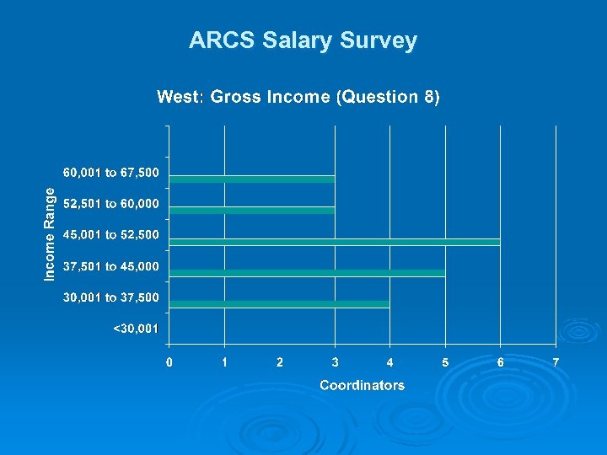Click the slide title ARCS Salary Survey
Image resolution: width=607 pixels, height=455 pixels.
click(x=303, y=40)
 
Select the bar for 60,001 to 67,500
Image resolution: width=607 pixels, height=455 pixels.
click(x=252, y=179)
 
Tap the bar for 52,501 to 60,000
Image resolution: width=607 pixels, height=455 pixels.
click(x=252, y=210)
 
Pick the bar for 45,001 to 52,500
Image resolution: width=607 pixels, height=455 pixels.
click(x=335, y=242)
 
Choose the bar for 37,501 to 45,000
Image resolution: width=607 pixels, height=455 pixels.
click(x=307, y=273)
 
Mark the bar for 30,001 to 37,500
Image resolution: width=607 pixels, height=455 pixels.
click(x=279, y=304)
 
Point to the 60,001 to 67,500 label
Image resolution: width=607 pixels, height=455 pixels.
click(x=110, y=173)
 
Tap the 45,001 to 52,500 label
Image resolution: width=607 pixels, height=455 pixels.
click(x=110, y=235)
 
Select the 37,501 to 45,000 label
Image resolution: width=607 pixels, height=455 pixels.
click(x=110, y=267)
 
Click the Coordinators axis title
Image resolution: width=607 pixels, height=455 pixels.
click(x=362, y=386)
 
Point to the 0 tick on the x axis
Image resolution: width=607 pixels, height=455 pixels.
click(x=169, y=362)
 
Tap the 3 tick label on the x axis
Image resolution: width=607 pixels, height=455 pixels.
click(x=335, y=362)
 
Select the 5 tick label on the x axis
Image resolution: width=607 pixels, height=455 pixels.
click(x=445, y=362)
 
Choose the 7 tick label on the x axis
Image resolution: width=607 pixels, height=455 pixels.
click(x=556, y=362)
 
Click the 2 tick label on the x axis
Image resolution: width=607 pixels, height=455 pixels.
click(x=279, y=362)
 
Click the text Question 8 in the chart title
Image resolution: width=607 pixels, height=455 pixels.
click(x=387, y=97)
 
